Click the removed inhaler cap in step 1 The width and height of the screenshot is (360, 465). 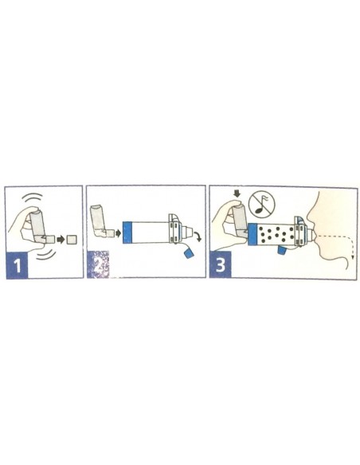coord(72,238)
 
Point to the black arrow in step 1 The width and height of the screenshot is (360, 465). coord(60,238)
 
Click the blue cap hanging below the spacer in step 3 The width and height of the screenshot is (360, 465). coord(284,252)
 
